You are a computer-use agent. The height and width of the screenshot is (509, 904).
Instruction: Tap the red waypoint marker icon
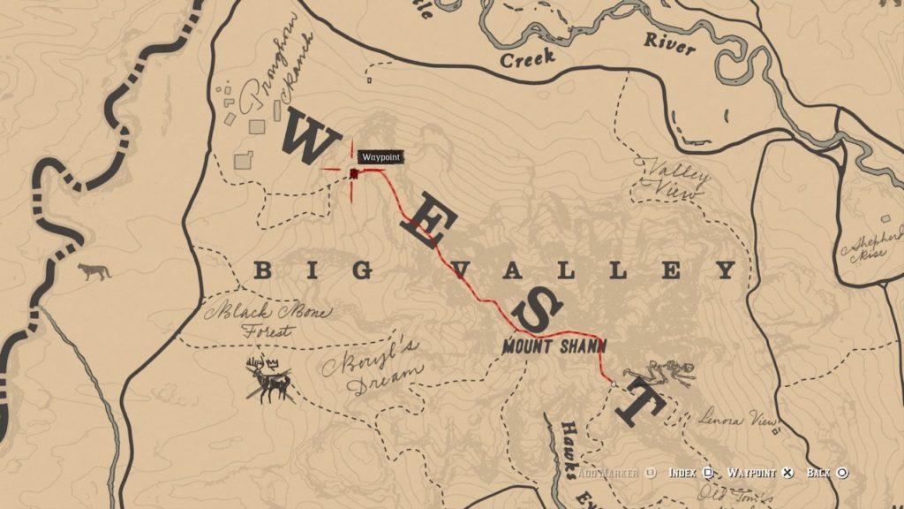(x=353, y=173)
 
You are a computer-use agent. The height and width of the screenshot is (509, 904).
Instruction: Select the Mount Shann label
(x=554, y=346)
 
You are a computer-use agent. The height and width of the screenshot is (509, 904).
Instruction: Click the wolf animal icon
(x=94, y=271)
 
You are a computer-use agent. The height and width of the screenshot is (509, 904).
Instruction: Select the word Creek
(x=527, y=59)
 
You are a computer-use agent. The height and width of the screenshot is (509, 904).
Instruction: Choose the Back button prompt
(x=826, y=474)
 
